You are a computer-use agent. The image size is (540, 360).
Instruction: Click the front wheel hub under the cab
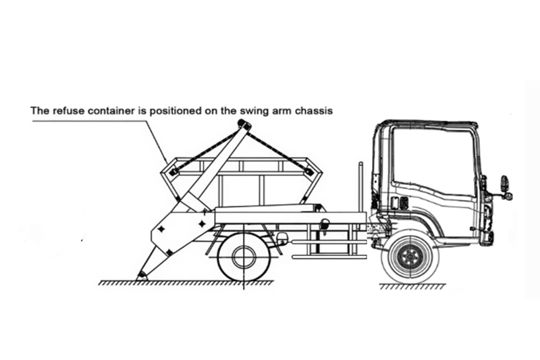coord(409,256)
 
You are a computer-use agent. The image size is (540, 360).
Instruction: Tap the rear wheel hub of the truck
coord(244,257)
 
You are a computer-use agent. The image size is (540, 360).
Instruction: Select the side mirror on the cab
coord(504,184)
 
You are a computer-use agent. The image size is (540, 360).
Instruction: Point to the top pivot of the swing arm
coord(244,125)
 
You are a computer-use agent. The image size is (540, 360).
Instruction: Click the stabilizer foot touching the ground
coord(142,275)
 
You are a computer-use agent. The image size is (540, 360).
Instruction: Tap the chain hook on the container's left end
coord(175,172)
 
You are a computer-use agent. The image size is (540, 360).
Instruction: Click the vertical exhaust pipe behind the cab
coord(360,182)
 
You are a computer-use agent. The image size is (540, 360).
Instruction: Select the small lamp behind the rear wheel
coord(281,238)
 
